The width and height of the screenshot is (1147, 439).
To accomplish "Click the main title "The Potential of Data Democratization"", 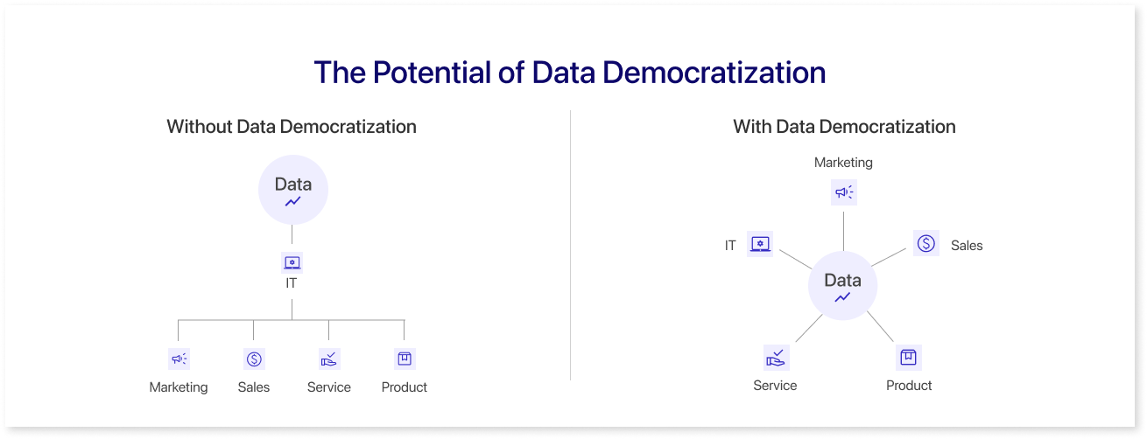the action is click(569, 72).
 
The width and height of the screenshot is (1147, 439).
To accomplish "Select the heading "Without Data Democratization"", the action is click(292, 127).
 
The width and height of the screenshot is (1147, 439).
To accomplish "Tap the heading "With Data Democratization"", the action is click(844, 127).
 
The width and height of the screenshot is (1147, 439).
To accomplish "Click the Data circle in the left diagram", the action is click(293, 190).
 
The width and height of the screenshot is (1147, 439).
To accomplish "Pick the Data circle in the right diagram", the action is click(843, 285).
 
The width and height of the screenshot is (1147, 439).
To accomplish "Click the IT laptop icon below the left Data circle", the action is click(292, 262).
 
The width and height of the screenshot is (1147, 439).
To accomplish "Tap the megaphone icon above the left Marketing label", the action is click(179, 359).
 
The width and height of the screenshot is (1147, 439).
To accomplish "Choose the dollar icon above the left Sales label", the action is click(254, 359).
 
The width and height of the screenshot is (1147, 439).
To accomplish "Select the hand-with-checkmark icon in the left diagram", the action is click(329, 359).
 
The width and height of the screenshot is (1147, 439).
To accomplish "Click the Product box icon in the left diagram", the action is click(405, 359).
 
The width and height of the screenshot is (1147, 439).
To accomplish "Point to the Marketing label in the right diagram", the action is click(843, 162).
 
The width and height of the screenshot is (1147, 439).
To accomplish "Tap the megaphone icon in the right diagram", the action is click(844, 192).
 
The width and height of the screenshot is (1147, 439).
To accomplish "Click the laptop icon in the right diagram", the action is click(760, 243).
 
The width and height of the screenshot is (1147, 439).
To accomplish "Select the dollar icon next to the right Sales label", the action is click(926, 243).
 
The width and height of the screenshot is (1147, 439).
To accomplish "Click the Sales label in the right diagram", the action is click(967, 246).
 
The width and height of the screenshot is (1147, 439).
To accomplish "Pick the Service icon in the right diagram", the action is click(777, 357).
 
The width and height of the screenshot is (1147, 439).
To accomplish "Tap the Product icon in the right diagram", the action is click(908, 357).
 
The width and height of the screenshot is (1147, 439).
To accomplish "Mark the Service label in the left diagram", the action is click(328, 387).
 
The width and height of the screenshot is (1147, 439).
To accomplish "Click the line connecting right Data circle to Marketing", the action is click(843, 231).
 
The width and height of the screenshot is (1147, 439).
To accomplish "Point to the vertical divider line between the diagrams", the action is click(570, 245).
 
